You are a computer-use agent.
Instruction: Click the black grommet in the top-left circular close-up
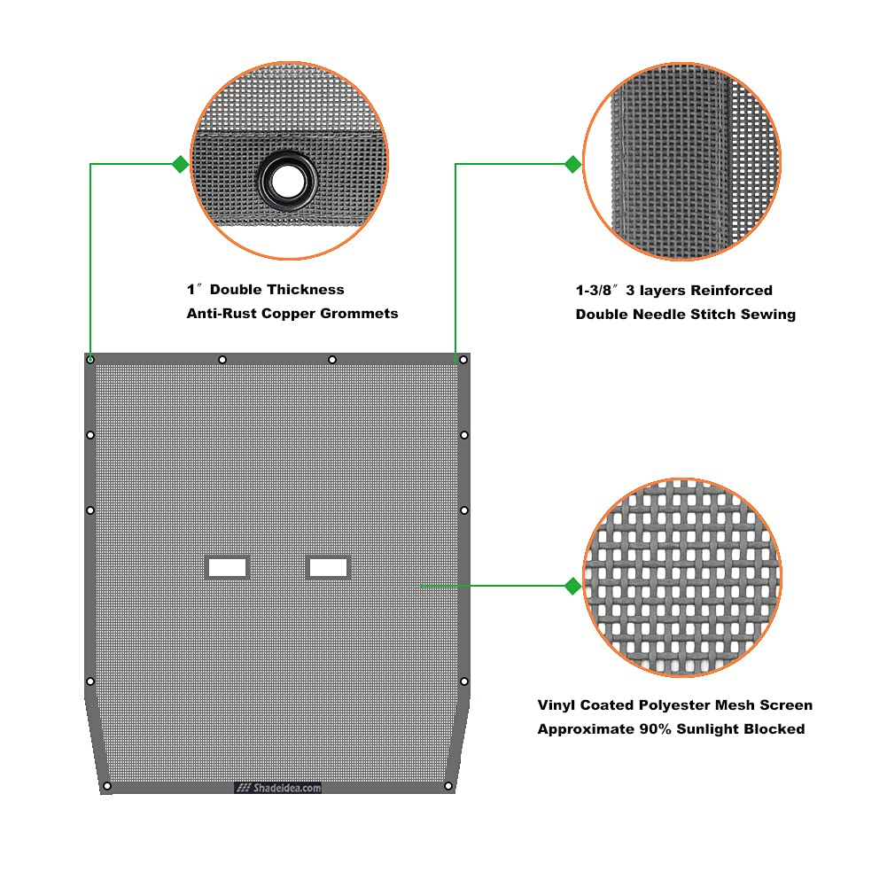pyautogui.click(x=287, y=182)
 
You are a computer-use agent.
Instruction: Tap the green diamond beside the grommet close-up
pyautogui.click(x=181, y=165)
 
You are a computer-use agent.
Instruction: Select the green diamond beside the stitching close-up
pyautogui.click(x=572, y=165)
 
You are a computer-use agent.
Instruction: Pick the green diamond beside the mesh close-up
pyautogui.click(x=572, y=586)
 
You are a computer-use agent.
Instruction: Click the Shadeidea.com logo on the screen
pyautogui.click(x=278, y=788)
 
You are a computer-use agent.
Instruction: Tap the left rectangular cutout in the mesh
pyautogui.click(x=227, y=567)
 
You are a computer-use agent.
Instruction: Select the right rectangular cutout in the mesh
pyautogui.click(x=328, y=567)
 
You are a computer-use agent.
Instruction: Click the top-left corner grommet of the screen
pyautogui.click(x=90, y=360)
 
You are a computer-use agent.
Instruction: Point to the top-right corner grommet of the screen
pyautogui.click(x=463, y=360)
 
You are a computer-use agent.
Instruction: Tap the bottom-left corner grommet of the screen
pyautogui.click(x=106, y=786)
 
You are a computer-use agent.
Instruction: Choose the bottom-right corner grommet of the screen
pyautogui.click(x=448, y=786)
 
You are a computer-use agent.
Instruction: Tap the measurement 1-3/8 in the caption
pyautogui.click(x=594, y=291)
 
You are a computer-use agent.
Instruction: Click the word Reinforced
pyautogui.click(x=732, y=291)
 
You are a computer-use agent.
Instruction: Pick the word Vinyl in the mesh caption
pyautogui.click(x=556, y=705)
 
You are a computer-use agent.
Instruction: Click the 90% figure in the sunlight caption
pyautogui.click(x=655, y=729)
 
